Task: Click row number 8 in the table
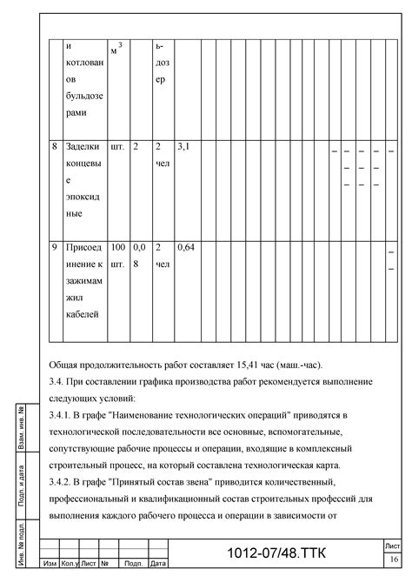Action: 55,147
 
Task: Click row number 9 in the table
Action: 55,248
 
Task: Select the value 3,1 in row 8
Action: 183,147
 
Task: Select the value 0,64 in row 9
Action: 186,248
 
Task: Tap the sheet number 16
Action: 395,559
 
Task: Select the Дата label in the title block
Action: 157,564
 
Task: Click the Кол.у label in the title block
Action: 70,564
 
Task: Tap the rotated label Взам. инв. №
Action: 20,428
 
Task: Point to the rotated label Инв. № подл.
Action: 20,540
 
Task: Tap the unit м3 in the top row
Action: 117,48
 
